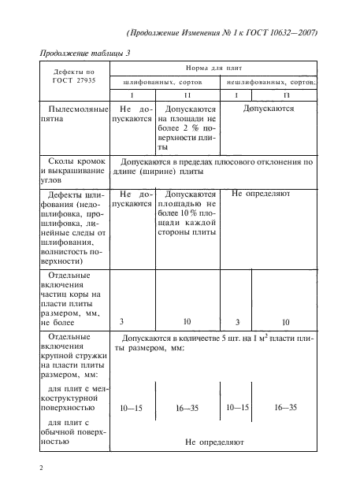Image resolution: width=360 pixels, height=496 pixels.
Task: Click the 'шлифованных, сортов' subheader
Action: (x=166, y=82)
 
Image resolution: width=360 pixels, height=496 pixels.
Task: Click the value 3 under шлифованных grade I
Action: (x=121, y=321)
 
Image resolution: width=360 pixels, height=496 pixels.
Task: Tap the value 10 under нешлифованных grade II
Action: (x=285, y=321)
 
